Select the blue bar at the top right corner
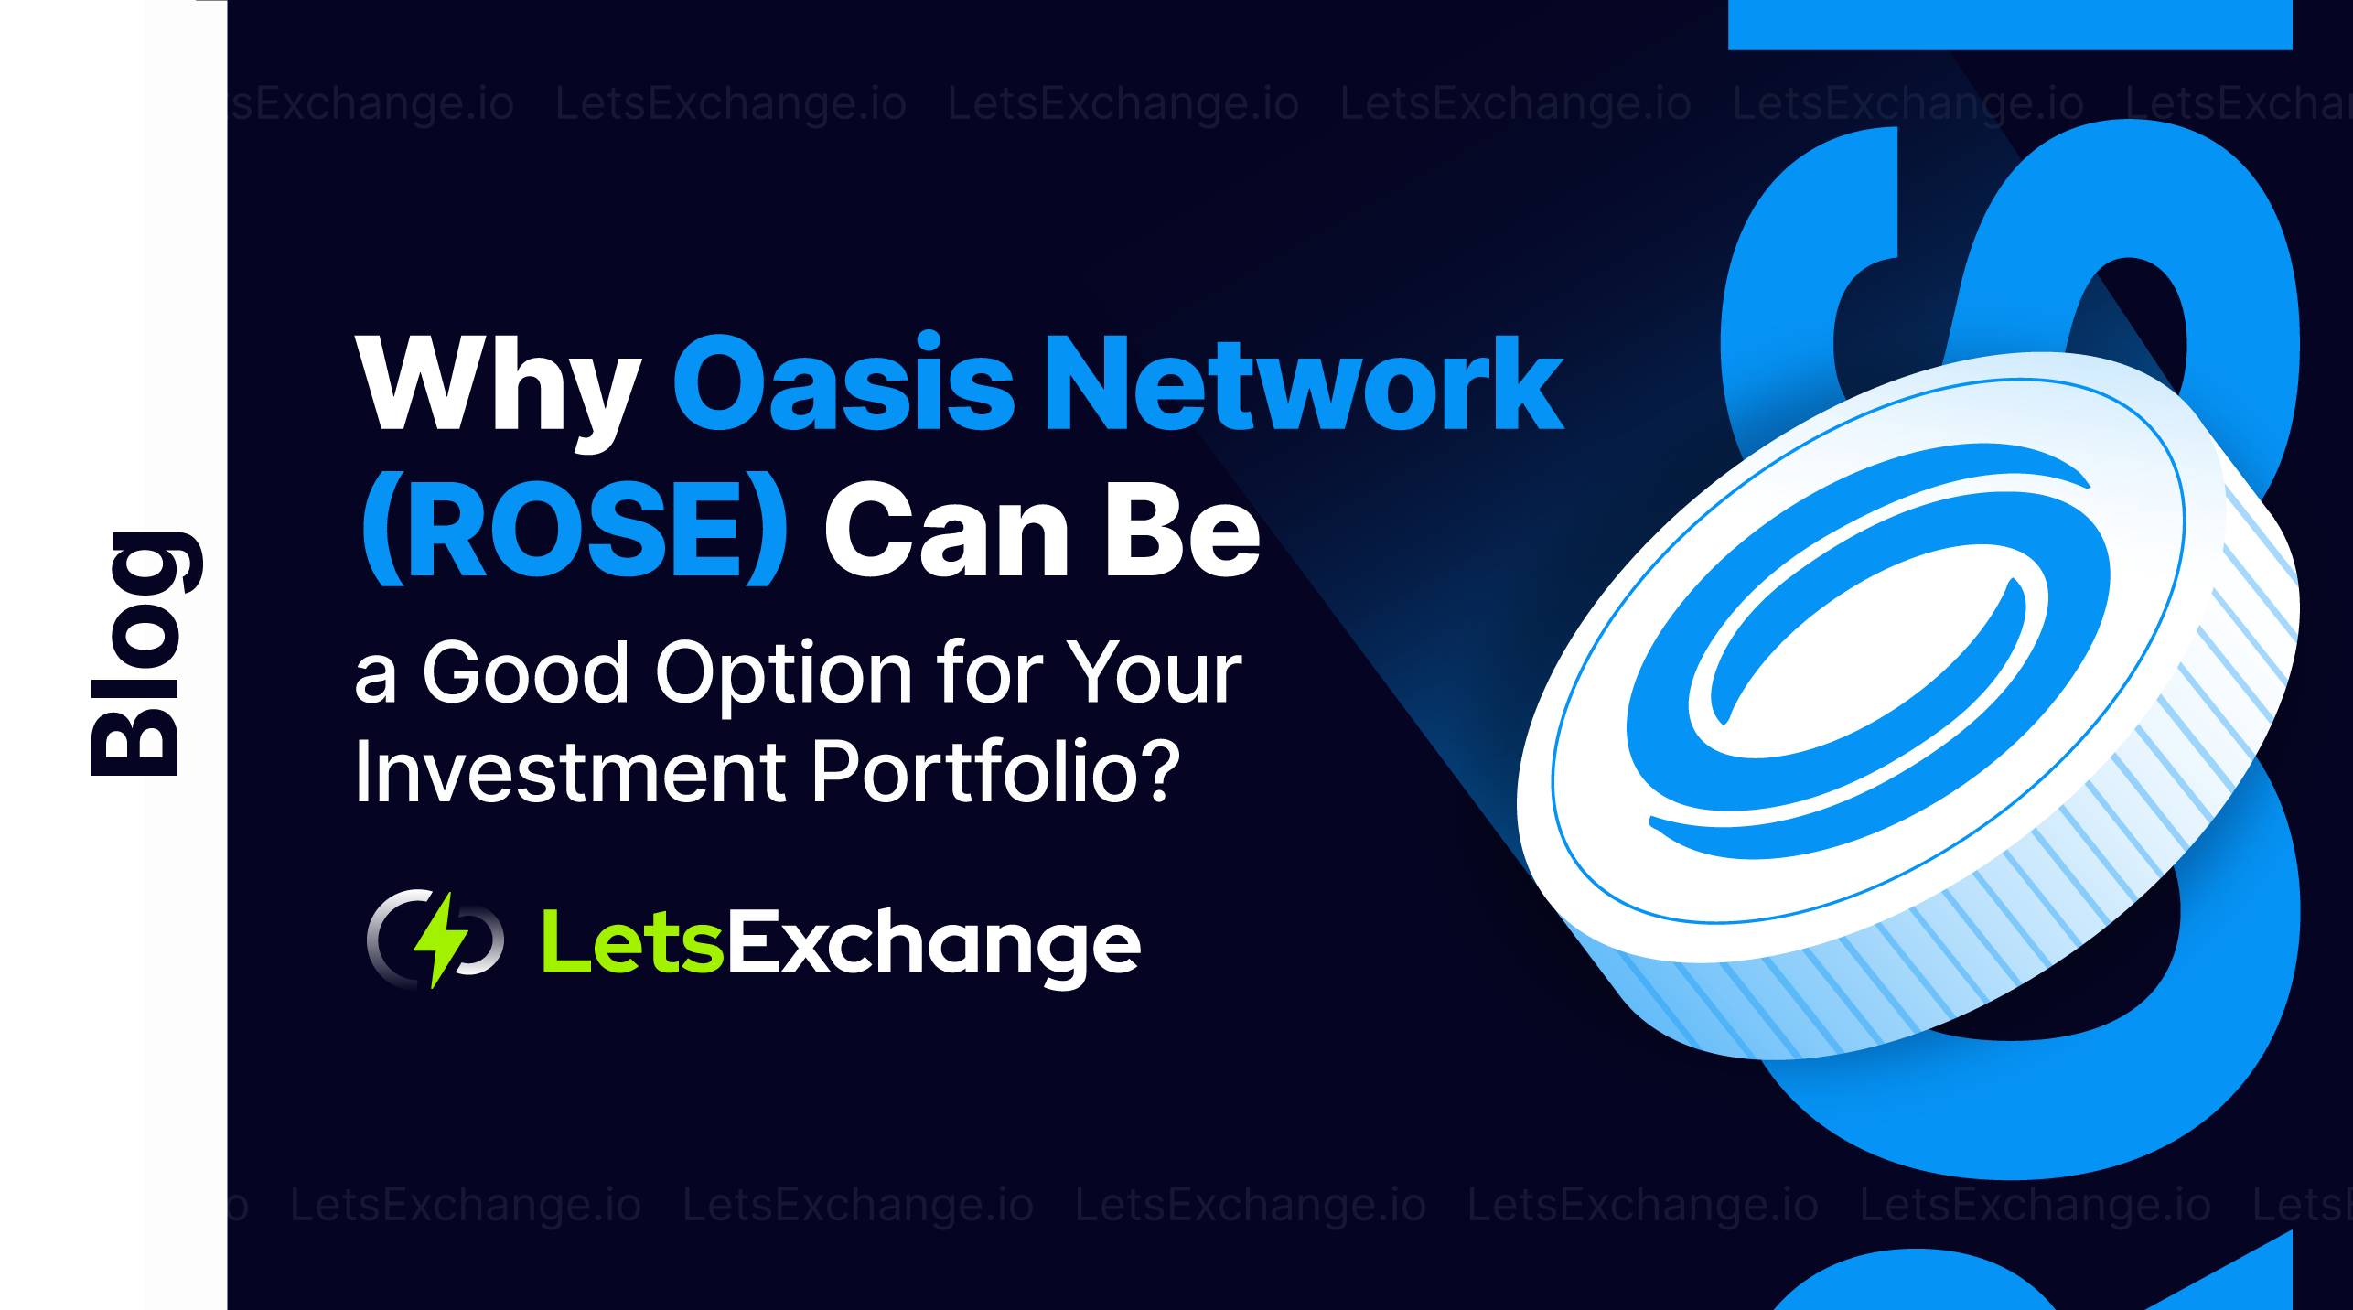(2010, 25)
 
